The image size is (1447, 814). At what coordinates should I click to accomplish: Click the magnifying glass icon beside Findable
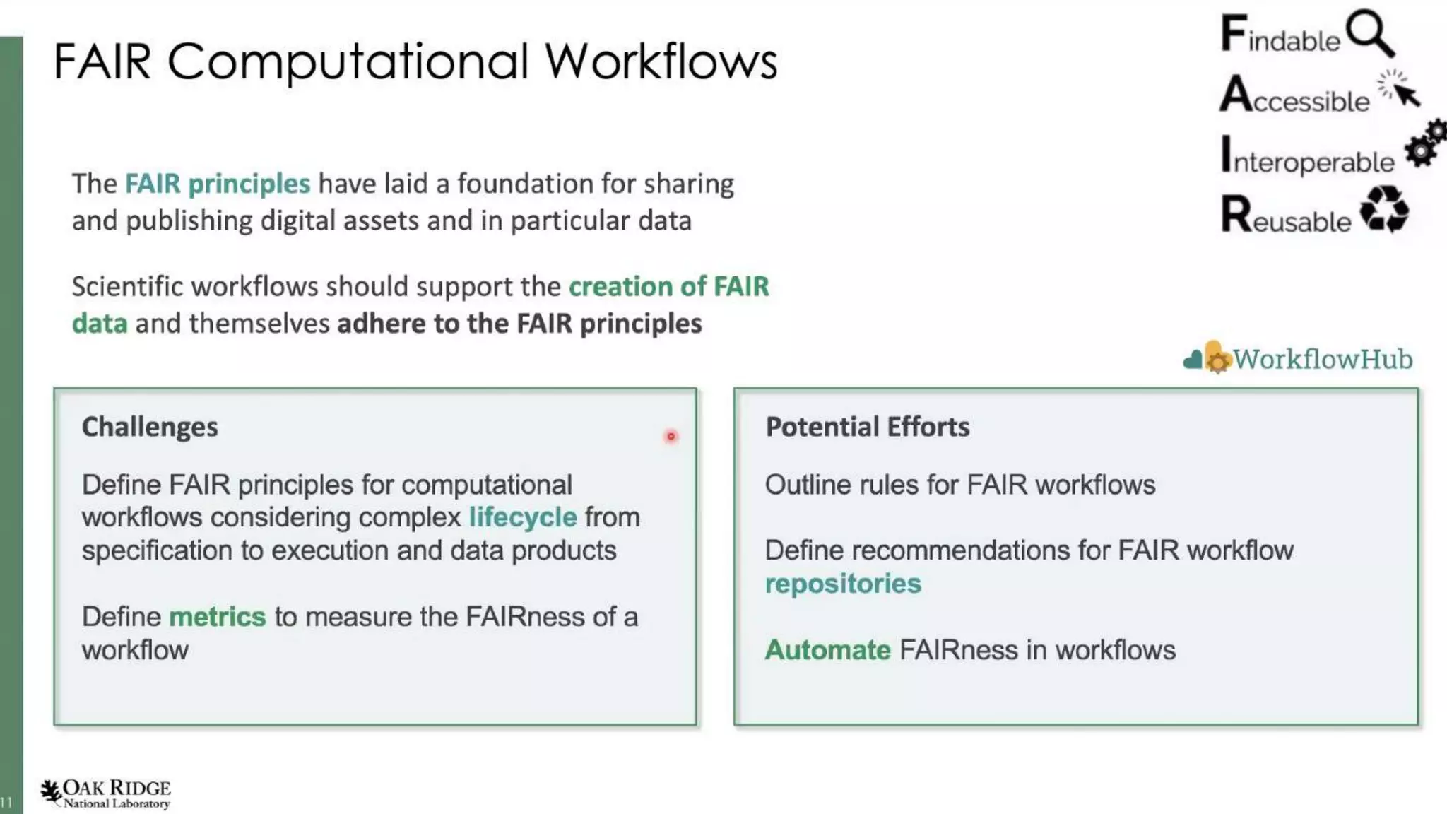pos(1370,33)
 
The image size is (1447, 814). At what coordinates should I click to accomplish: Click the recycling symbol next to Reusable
pos(1384,209)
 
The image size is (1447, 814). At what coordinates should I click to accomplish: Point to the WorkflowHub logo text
pos(1322,360)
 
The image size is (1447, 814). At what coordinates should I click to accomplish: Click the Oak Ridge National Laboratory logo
pos(106,794)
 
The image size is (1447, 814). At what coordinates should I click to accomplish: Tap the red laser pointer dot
pos(671,437)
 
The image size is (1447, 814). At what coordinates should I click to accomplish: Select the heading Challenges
pos(150,427)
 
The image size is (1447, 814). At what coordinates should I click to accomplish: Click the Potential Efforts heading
pos(867,427)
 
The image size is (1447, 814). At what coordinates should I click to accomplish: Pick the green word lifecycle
pos(523,517)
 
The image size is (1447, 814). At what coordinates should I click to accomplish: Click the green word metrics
pos(218,617)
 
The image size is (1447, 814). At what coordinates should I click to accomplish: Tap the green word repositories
pos(843,584)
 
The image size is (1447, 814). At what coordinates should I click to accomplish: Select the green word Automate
pos(827,650)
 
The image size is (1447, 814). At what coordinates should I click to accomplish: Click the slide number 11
pos(7,802)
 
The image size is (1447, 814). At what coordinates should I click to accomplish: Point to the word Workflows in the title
pos(661,61)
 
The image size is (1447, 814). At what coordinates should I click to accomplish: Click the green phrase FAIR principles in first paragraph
pos(218,184)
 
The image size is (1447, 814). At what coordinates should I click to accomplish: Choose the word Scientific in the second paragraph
pos(127,287)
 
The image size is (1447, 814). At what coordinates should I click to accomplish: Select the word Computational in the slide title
pos(348,61)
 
